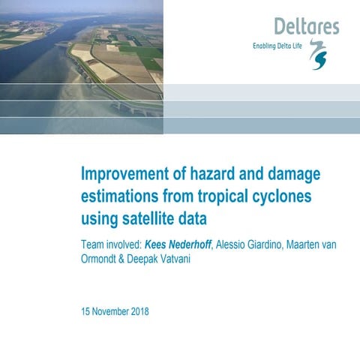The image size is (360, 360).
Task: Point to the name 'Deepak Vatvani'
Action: coord(167,260)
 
